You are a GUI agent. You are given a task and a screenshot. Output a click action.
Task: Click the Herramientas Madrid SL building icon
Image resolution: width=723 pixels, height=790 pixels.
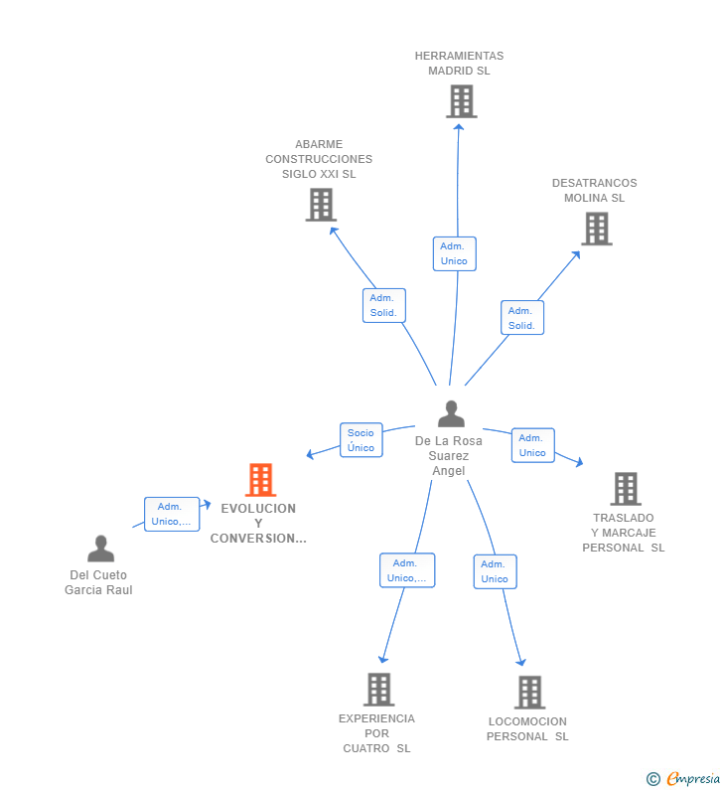tap(461, 101)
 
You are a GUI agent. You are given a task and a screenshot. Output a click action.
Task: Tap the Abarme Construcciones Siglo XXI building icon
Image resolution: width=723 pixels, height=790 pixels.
tap(321, 205)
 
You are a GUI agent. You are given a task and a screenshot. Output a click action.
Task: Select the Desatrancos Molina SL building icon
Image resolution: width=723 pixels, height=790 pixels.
tap(597, 229)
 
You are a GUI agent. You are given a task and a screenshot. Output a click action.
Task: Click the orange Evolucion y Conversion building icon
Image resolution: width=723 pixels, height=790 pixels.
tap(261, 480)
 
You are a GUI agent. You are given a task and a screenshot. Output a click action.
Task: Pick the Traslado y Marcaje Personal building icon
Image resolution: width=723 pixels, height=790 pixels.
tap(626, 489)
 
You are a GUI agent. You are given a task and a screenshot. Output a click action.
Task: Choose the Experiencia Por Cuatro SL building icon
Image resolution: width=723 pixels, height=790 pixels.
tap(379, 690)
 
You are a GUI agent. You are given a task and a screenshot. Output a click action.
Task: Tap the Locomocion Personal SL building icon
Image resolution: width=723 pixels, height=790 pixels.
tap(530, 693)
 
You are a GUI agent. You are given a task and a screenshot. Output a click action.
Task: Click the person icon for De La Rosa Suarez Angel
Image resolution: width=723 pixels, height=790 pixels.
tap(451, 413)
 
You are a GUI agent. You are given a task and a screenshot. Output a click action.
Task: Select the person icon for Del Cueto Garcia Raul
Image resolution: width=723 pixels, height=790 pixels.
tap(100, 549)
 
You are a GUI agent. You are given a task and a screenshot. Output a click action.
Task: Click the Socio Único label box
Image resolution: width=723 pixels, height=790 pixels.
tap(361, 440)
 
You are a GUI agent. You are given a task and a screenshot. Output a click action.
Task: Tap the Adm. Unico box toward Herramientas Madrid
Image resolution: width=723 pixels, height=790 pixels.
tap(455, 254)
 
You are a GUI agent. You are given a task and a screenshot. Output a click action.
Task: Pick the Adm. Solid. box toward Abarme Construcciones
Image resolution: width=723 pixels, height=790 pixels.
tap(384, 305)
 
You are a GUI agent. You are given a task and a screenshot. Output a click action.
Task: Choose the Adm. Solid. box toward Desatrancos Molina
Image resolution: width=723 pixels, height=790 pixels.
tap(522, 317)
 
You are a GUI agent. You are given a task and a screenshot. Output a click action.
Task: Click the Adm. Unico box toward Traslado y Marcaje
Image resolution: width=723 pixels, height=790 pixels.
tap(532, 445)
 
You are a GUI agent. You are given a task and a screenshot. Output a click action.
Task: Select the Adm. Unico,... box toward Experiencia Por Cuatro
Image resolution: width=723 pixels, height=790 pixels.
tap(407, 570)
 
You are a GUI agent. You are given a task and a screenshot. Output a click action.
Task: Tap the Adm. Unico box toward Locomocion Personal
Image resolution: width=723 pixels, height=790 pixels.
tap(495, 571)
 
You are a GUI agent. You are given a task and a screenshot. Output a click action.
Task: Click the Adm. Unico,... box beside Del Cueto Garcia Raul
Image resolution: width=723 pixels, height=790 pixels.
tap(172, 514)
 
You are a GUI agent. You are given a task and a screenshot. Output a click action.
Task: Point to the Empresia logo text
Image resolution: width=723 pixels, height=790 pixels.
tap(693, 778)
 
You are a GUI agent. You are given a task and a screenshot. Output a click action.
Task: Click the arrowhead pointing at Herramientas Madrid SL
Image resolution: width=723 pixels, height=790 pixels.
tap(458, 128)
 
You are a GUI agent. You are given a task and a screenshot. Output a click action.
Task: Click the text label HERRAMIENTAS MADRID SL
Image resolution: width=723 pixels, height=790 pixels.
tap(459, 63)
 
